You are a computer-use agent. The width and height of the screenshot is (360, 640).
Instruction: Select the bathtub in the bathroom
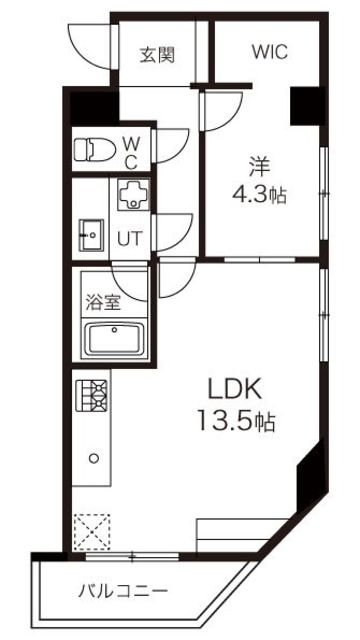(x=113, y=339)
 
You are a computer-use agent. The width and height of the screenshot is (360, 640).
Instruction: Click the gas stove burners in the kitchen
(x=91, y=396)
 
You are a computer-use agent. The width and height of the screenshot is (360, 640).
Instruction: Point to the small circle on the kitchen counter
(x=93, y=458)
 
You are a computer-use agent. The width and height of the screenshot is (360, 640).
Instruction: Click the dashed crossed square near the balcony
(x=93, y=530)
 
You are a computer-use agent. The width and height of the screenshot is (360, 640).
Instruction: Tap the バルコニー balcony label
(x=124, y=591)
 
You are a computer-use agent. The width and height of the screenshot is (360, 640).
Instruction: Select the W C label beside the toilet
(x=131, y=152)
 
